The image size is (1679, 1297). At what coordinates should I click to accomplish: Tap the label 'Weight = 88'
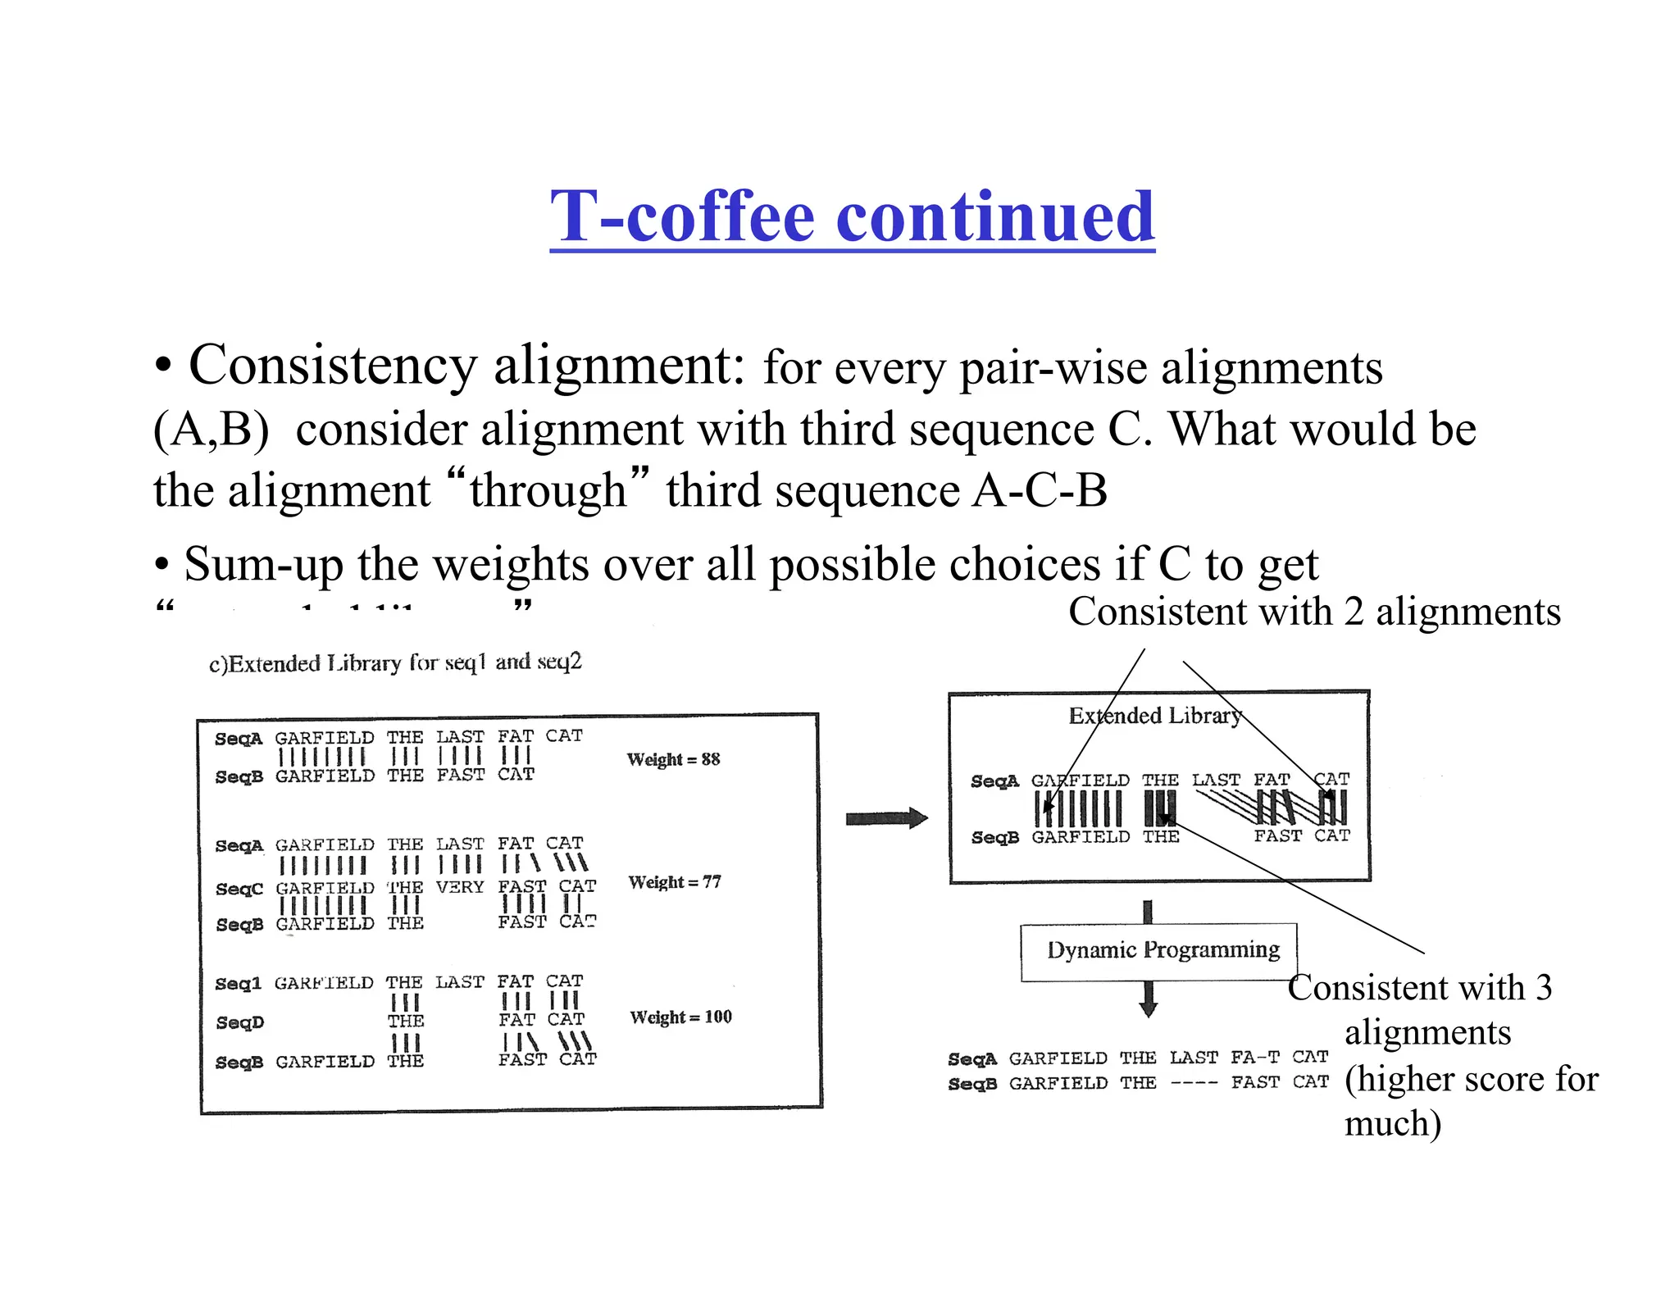point(673,759)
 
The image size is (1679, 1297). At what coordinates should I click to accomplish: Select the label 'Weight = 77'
point(674,882)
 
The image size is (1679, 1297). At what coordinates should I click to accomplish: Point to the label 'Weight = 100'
point(680,1017)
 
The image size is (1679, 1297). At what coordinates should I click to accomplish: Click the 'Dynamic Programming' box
point(1158,951)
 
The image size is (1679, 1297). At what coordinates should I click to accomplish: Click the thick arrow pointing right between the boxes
point(886,818)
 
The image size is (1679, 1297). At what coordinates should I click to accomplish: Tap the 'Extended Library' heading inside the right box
point(1154,716)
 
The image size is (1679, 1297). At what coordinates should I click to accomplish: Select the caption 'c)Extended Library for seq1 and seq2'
point(395,662)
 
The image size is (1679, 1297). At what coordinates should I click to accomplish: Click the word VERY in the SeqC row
point(460,887)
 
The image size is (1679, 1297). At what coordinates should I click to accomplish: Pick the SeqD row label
point(239,1022)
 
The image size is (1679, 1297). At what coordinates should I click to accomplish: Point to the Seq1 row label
point(238,983)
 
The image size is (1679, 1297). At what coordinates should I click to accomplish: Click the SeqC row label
point(239,889)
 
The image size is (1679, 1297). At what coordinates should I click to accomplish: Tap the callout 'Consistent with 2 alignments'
point(1314,612)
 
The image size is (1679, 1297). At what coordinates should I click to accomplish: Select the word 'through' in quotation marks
point(548,491)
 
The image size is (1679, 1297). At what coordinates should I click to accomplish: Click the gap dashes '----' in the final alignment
point(1194,1083)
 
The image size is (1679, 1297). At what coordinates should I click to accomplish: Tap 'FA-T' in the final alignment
point(1254,1058)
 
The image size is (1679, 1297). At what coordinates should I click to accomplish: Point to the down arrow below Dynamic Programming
point(1149,999)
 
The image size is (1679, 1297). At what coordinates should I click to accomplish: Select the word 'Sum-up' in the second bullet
point(263,565)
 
